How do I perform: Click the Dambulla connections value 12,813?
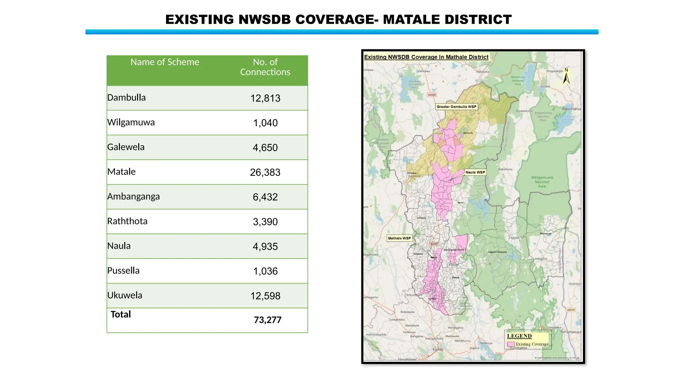coord(265,98)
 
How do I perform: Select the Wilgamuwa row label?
coord(131,122)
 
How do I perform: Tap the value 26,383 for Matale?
coord(265,172)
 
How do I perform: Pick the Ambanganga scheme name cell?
coord(133,197)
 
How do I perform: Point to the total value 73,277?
coord(268,320)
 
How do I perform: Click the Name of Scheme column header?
coord(165,62)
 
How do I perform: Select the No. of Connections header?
coord(265,67)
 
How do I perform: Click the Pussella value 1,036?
coord(265,271)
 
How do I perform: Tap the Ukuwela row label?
coord(125,295)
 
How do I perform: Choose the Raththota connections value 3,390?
coord(265,222)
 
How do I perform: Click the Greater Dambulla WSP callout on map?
coord(456,107)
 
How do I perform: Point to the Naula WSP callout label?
coord(475,172)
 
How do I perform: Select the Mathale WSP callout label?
coord(399,238)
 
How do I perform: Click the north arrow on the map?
coord(566,77)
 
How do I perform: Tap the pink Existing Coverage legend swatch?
coord(511,344)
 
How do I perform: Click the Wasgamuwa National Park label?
coord(542,182)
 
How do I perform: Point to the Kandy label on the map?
coord(438,349)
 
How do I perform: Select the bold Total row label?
coord(121,314)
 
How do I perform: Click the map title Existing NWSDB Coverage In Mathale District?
coord(426,57)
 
